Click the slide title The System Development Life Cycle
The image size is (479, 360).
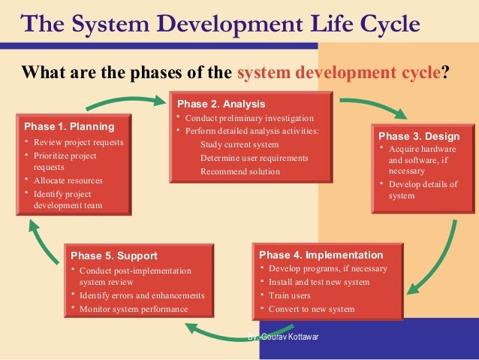(x=220, y=24)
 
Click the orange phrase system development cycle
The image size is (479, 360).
(x=338, y=74)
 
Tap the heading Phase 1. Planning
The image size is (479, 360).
(x=69, y=126)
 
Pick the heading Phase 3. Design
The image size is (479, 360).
(x=419, y=136)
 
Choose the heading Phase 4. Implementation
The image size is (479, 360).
(x=321, y=255)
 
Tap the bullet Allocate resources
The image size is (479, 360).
(x=68, y=180)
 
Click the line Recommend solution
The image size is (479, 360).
(x=239, y=171)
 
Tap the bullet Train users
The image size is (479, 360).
(x=291, y=295)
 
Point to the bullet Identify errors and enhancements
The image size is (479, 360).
(x=141, y=295)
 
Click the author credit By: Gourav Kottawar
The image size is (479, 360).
(x=283, y=336)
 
